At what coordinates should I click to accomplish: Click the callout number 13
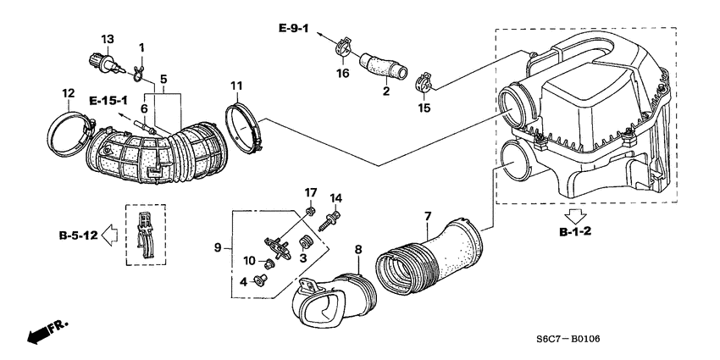[x=108, y=40]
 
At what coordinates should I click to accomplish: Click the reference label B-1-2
[x=577, y=230]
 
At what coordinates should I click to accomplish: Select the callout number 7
[x=428, y=218]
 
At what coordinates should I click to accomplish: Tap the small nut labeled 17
[x=312, y=211]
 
